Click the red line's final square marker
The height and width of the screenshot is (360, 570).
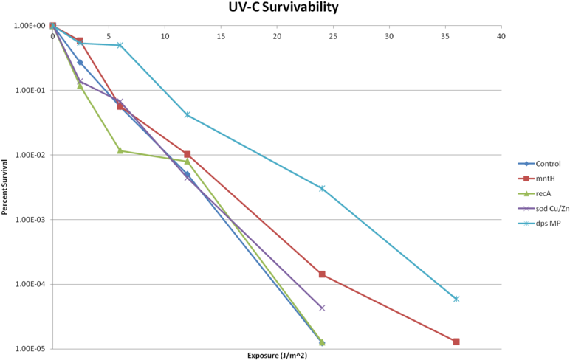[x=456, y=342]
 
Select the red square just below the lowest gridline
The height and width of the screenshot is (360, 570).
[x=322, y=274]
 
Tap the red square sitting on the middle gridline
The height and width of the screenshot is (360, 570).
[x=188, y=154]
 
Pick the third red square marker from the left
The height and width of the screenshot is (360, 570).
[x=120, y=106]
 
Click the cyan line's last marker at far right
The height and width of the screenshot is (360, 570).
[x=456, y=299]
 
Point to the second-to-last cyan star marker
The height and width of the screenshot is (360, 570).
[x=322, y=188]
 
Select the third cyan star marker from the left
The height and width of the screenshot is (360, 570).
[x=120, y=45]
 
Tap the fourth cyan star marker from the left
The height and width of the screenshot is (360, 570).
[x=188, y=114]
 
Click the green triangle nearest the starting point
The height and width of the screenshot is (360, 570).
[x=80, y=86]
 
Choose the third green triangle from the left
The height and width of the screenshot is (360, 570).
[x=120, y=150]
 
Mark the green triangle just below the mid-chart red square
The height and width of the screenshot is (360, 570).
[x=188, y=161]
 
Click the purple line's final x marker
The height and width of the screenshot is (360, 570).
[x=322, y=308]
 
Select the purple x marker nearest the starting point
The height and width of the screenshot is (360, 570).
[x=80, y=80]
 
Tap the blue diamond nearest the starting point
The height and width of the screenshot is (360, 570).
[x=80, y=62]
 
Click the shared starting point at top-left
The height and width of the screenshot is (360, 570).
[x=52, y=25]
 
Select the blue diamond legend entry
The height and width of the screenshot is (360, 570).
[x=526, y=164]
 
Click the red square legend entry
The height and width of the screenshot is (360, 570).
[x=526, y=179]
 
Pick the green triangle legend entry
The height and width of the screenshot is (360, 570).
[x=526, y=193]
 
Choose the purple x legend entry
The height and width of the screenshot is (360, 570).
[x=526, y=208]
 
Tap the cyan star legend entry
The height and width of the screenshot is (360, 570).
[x=526, y=224]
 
